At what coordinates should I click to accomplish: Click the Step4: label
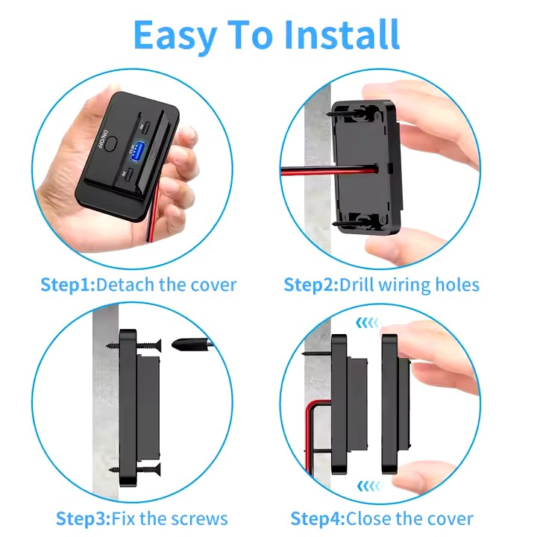[318, 518]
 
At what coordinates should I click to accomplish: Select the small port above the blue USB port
[148, 125]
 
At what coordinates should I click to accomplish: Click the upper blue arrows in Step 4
[368, 323]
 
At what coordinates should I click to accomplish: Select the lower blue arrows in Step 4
[368, 486]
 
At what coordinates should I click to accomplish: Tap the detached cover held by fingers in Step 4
[395, 403]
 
